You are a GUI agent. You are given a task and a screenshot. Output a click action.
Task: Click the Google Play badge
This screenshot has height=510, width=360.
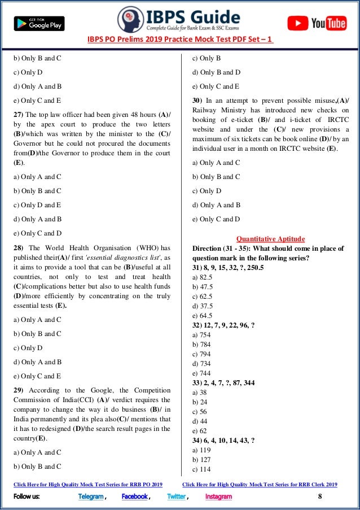coord(39,23)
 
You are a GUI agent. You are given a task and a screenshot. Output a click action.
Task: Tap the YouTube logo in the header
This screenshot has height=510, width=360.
coord(324,23)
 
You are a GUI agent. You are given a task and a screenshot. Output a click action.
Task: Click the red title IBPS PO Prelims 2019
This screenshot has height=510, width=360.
coord(180,40)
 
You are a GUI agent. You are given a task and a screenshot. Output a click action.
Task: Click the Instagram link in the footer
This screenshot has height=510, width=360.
coord(218,496)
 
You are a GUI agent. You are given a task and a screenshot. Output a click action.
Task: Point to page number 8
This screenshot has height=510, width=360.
coord(320,496)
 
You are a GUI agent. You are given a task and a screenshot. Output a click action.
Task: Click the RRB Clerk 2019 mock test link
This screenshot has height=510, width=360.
coord(260,484)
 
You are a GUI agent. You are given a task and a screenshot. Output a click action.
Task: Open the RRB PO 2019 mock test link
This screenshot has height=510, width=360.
coord(87,484)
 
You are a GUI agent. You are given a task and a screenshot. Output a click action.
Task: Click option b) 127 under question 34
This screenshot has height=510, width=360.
coord(203,459)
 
